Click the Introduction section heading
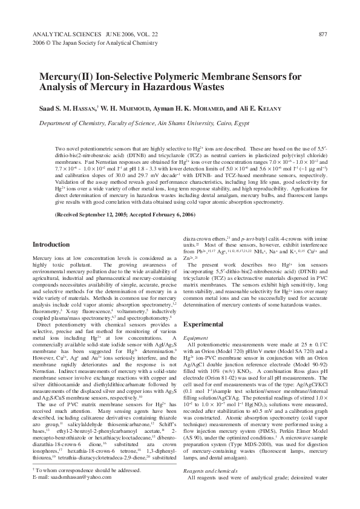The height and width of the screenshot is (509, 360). [51, 245]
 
